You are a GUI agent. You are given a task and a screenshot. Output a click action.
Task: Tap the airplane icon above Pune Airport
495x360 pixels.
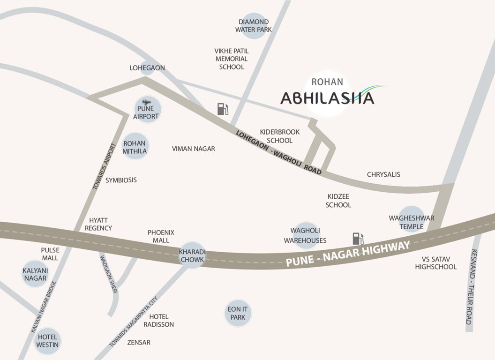[x=146, y=102]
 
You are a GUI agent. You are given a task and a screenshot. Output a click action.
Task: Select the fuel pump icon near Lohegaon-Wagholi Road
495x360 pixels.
[x=223, y=109]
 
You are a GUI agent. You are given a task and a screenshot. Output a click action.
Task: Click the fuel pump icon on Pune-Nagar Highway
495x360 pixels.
[x=358, y=238]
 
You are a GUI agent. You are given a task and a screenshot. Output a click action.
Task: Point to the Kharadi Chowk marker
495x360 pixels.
[x=191, y=255]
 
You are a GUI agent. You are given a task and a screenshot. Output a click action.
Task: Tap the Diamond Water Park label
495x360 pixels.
[x=254, y=26]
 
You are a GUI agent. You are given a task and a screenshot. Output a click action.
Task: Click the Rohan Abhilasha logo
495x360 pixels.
[x=328, y=94]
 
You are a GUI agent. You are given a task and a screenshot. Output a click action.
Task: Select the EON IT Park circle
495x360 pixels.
[x=238, y=313]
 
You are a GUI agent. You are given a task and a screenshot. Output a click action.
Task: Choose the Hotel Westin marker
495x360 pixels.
[x=47, y=341]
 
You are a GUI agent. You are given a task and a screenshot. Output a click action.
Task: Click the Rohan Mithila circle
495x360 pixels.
[x=135, y=147]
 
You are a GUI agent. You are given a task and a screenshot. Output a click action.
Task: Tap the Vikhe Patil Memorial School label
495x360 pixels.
[x=232, y=59]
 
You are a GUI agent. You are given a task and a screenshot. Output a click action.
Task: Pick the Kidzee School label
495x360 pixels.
[x=338, y=201]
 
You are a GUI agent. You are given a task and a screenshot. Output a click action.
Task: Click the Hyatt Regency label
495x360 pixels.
[x=98, y=224]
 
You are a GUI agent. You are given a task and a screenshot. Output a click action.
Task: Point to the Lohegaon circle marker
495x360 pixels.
[x=147, y=68]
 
